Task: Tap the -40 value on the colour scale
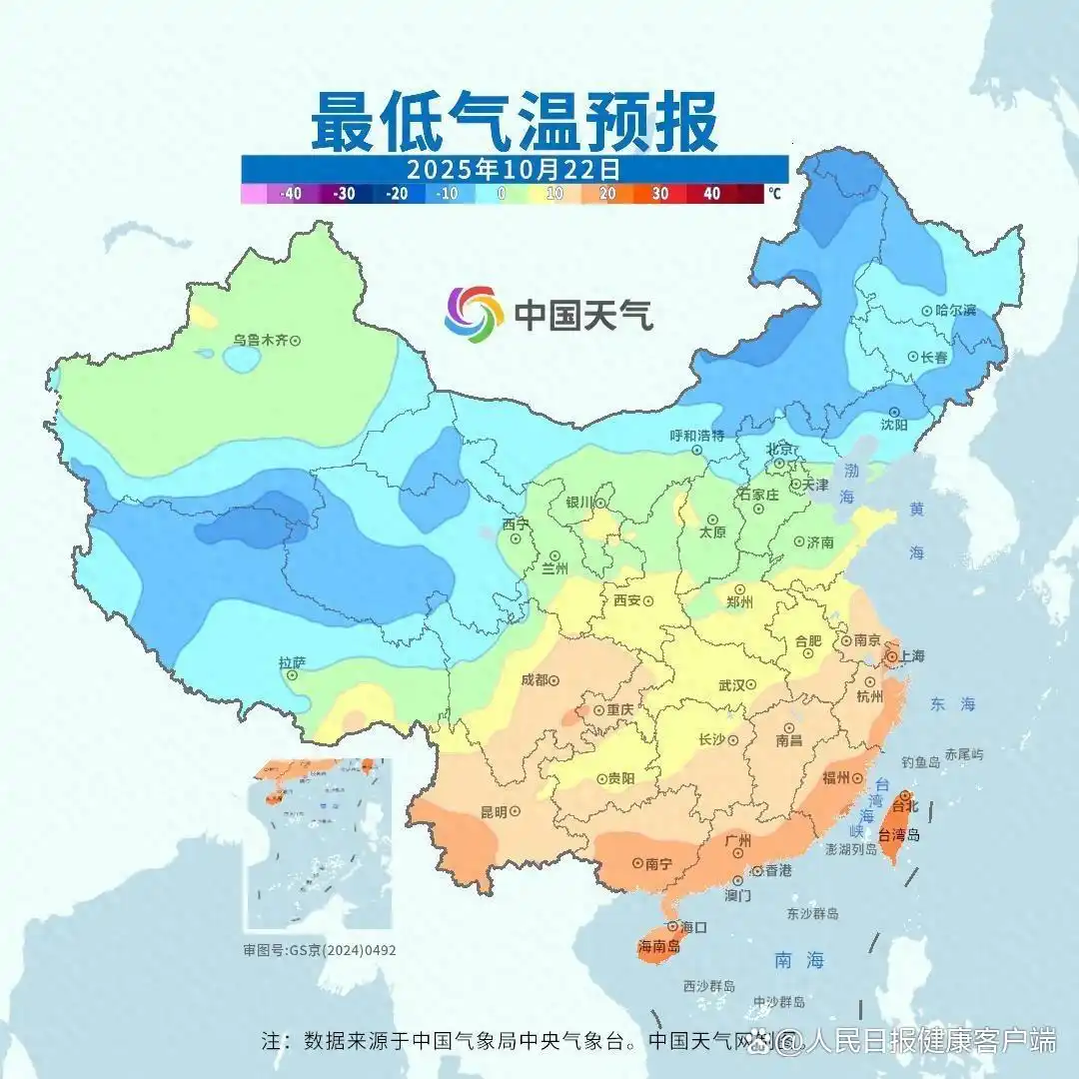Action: click(x=292, y=194)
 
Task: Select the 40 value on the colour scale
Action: click(x=711, y=194)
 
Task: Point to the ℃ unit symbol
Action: click(x=775, y=194)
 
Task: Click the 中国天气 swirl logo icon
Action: click(x=474, y=314)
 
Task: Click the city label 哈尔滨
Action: click(x=955, y=311)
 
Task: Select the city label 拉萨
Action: click(x=292, y=661)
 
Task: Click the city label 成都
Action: click(x=535, y=680)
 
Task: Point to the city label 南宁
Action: click(x=661, y=862)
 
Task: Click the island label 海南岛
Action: click(x=658, y=946)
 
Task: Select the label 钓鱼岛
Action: click(x=920, y=761)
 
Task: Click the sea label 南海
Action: click(x=800, y=960)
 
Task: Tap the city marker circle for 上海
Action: click(x=890, y=657)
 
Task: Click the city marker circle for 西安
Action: click(x=648, y=601)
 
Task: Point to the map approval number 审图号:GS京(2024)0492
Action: click(x=320, y=950)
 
